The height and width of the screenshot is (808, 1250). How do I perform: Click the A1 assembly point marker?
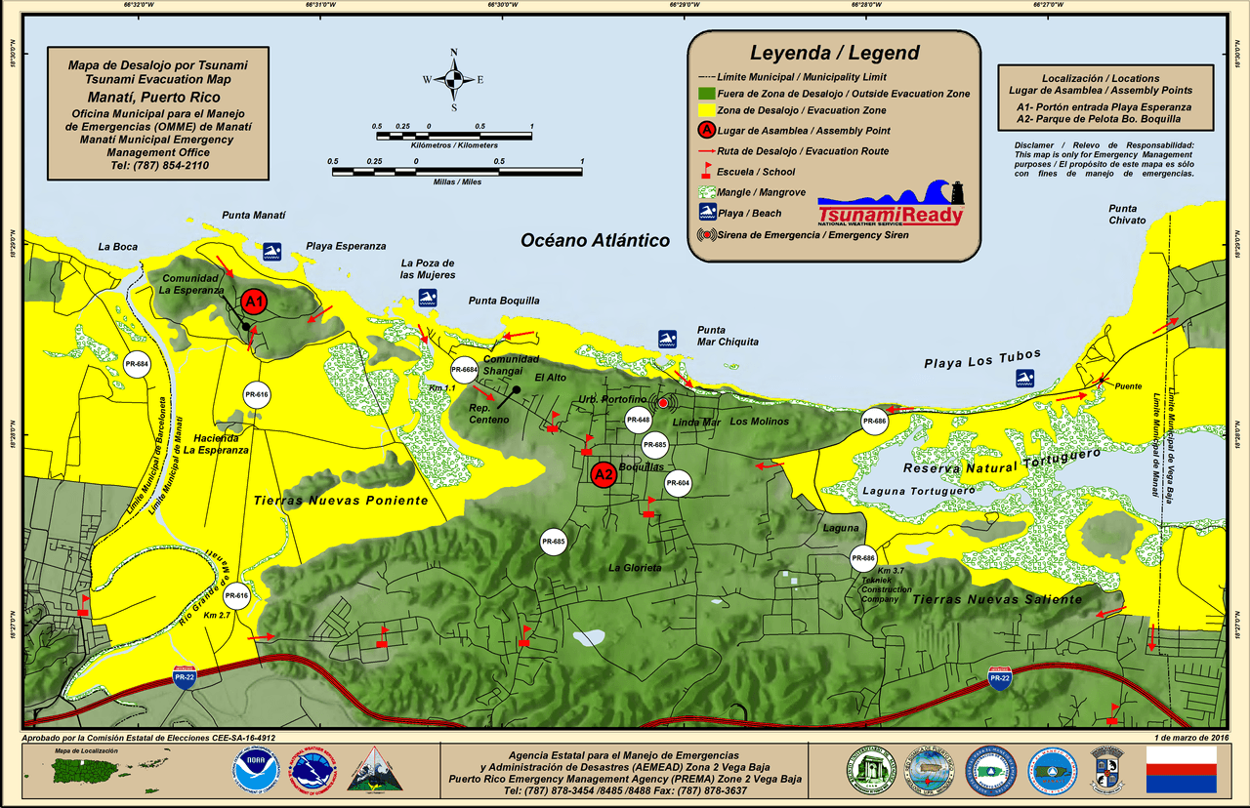(254, 302)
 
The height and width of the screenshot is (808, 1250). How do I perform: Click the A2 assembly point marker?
(604, 475)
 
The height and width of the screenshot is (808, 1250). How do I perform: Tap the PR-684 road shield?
(137, 365)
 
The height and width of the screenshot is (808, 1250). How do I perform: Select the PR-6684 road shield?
(465, 370)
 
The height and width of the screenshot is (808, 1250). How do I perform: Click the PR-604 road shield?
(678, 483)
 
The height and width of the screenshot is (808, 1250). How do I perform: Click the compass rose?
(453, 78)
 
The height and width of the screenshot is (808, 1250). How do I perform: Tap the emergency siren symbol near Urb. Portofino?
(663, 403)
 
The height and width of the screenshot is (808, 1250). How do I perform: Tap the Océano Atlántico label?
(595, 240)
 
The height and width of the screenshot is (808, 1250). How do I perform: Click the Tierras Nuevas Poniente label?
(340, 501)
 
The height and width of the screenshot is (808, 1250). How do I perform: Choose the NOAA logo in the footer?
(256, 770)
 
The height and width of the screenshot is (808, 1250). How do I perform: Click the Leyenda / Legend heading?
(834, 53)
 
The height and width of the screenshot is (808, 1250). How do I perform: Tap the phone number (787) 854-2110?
(160, 165)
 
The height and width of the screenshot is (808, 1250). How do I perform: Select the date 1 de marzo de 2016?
(1189, 738)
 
